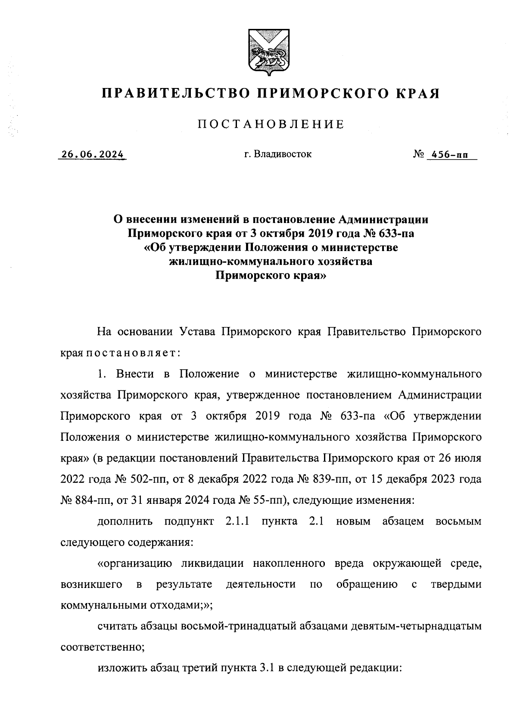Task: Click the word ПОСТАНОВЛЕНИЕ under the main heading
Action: click(x=271, y=125)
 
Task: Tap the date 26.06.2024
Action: click(x=92, y=154)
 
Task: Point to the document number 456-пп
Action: click(x=452, y=154)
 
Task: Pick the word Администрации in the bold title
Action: click(x=383, y=220)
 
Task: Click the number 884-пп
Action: click(x=93, y=500)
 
